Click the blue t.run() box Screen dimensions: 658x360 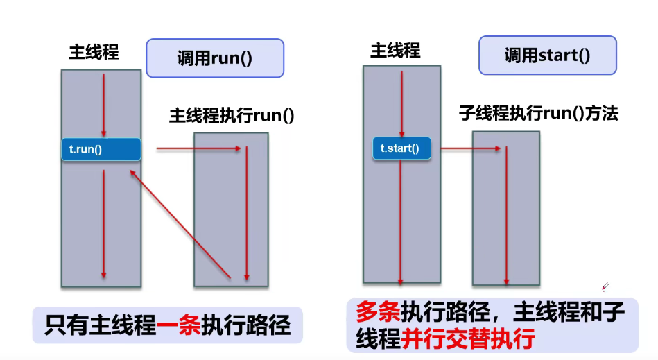(101, 149)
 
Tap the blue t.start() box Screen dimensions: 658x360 (401, 148)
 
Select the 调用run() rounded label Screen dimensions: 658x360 (215, 58)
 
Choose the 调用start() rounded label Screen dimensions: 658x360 (548, 55)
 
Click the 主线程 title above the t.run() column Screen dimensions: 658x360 (94, 53)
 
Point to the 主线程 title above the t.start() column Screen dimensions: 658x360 (395, 51)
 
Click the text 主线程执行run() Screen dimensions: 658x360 (232, 115)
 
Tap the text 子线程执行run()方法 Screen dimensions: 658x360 (539, 113)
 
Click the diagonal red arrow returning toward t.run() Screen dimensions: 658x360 (180, 224)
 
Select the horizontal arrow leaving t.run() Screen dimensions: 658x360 (199, 148)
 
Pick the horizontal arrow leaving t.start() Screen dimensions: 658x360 (471, 148)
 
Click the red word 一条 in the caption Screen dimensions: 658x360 (178, 325)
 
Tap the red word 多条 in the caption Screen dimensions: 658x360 (378, 312)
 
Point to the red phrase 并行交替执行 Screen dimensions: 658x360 (468, 339)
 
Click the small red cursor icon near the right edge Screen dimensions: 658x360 (605, 286)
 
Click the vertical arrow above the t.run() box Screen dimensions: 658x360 (103, 105)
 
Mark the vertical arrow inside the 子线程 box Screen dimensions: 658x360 (507, 215)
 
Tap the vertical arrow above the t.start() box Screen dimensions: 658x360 (401, 104)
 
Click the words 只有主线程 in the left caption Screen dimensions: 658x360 (100, 325)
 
